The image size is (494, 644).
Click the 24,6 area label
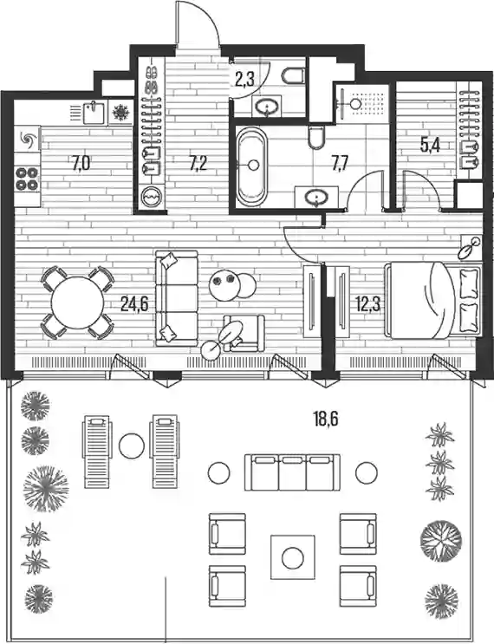coord(134,304)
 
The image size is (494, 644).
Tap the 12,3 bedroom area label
coord(368,304)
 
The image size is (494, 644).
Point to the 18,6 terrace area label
coord(326,420)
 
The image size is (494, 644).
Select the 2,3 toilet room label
coord(244,79)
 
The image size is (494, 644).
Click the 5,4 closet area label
coord(430,146)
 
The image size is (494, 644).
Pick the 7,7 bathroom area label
coord(340,164)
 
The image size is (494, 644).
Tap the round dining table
coord(77,302)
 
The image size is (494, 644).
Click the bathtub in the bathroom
coord(251,166)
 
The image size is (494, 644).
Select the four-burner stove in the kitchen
coord(27,179)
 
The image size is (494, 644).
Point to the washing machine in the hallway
coord(152,198)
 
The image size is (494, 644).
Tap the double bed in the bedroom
coord(432,300)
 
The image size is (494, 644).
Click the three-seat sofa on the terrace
coord(292,472)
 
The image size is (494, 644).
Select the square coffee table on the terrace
coord(292,557)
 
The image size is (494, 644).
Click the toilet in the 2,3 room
coord(294,75)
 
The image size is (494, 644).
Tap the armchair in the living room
coord(244,333)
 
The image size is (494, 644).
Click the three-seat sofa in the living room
coord(177,298)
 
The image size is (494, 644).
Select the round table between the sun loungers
coord(132,446)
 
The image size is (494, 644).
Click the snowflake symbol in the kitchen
coord(121,112)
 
